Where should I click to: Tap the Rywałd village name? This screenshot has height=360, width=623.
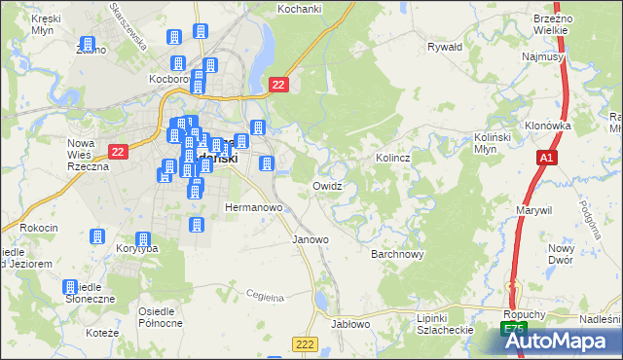point(445,46)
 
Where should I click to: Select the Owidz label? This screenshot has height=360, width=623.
point(327,185)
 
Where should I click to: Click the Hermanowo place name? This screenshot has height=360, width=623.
point(253,207)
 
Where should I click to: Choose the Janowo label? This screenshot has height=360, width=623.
point(311,238)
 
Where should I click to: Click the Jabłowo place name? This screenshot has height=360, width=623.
point(351,323)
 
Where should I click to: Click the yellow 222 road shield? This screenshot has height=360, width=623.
point(305,343)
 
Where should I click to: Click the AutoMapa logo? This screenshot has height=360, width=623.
point(560,341)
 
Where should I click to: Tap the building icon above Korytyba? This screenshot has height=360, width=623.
point(143,238)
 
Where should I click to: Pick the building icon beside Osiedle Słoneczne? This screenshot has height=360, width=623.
point(70,287)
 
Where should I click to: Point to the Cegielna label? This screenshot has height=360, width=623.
point(264,295)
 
